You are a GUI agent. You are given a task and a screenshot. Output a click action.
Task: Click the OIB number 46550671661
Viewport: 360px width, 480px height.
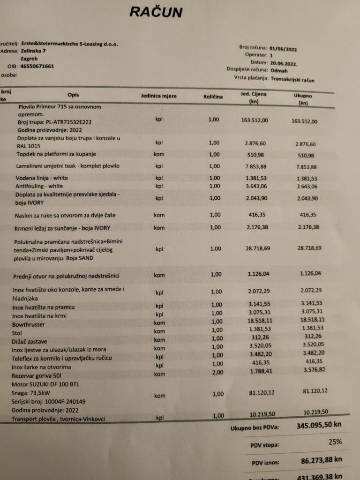(37, 67)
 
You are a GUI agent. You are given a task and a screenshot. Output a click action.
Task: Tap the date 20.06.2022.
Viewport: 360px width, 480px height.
(284, 62)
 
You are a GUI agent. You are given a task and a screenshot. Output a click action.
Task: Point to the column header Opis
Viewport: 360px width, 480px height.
(73, 95)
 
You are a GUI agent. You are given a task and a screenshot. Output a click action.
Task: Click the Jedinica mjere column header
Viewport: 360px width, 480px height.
(159, 96)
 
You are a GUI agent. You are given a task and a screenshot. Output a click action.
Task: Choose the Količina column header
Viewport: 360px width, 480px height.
(213, 97)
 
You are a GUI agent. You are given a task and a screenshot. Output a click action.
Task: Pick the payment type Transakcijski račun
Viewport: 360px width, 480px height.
(292, 80)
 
